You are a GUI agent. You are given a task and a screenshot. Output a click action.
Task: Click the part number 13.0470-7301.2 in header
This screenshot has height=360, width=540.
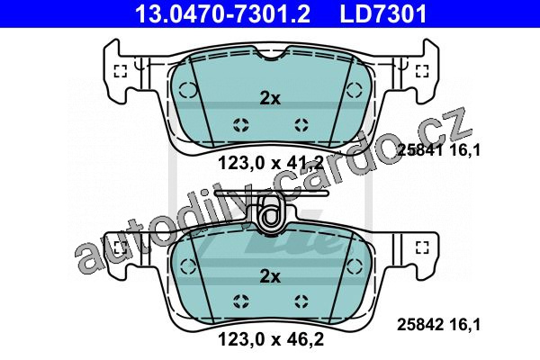223,13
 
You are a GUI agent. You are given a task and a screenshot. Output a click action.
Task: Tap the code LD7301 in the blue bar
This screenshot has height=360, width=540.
383,13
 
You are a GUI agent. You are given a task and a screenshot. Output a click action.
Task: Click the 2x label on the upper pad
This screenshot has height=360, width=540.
270,98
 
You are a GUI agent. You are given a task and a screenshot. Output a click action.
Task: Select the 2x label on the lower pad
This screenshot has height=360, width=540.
270,276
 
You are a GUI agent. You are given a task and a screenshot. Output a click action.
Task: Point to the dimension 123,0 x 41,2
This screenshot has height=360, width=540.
271,163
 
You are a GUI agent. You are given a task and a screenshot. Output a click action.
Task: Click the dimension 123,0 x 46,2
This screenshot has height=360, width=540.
271,339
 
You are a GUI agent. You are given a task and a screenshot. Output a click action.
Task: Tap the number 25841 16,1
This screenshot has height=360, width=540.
438,150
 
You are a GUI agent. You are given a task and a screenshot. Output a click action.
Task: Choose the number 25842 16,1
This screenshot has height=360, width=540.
438,325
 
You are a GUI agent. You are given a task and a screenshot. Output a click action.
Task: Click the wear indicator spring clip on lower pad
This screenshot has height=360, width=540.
272,214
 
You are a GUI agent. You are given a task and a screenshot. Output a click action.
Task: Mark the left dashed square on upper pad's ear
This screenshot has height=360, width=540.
121,71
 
